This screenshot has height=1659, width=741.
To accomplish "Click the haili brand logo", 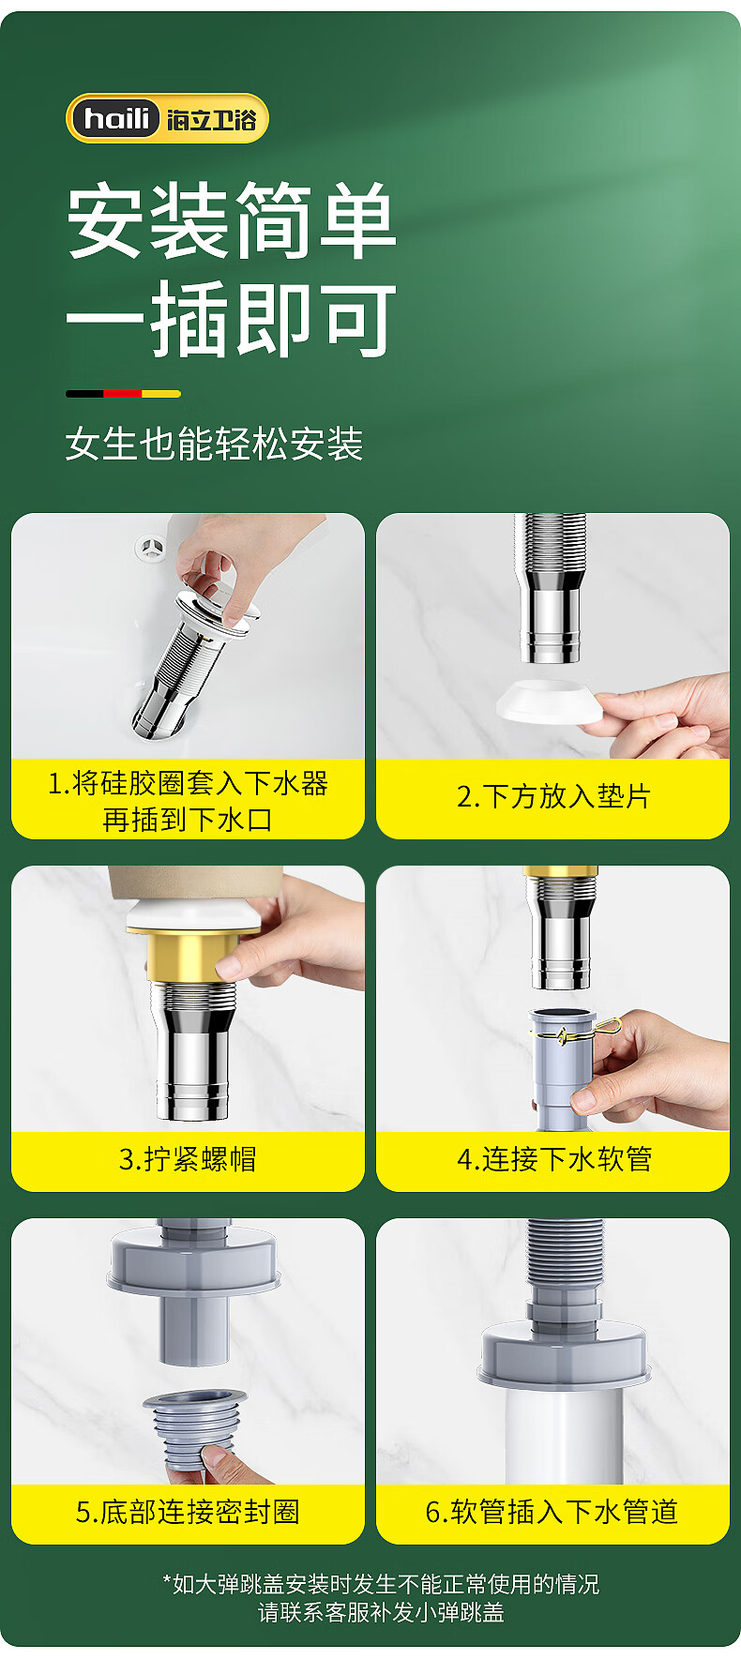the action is [167, 119].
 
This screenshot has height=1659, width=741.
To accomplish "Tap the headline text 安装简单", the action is [232, 221].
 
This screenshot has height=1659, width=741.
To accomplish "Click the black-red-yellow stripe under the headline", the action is [123, 394].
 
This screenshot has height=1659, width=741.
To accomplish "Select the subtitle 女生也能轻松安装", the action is [214, 445].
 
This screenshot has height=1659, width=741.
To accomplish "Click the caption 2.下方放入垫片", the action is [553, 797].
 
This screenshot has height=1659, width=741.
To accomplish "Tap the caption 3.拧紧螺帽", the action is [188, 1159].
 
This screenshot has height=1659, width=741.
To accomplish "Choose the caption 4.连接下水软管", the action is [554, 1159].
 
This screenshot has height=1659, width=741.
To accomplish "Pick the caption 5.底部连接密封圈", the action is [188, 1512].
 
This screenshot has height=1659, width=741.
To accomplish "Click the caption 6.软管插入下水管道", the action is [552, 1512].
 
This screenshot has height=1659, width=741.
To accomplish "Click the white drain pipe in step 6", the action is [563, 1435].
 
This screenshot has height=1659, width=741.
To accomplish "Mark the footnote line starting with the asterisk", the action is [381, 1584].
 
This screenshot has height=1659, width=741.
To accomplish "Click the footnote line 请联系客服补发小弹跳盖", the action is [381, 1612].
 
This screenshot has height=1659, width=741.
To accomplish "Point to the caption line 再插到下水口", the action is [188, 820].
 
